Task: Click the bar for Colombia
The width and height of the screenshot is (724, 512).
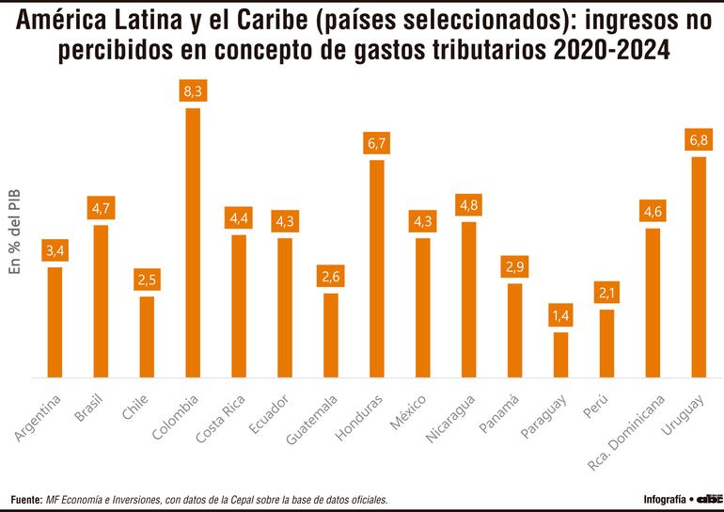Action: tap(193, 243)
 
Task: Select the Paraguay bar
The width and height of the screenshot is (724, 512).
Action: tap(560, 355)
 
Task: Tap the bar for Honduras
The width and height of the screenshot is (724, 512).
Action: tap(377, 269)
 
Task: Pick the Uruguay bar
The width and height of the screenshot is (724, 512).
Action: tap(699, 267)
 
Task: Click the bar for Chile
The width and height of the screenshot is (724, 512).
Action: tap(147, 337)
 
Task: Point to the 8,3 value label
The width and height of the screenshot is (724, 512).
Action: tap(193, 92)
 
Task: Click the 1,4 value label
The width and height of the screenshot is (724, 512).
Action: tap(560, 316)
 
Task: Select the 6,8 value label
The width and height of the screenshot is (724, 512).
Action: tap(699, 140)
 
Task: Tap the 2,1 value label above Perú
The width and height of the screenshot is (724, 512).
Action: tap(606, 294)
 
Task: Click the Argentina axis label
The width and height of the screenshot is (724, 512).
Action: tap(39, 417)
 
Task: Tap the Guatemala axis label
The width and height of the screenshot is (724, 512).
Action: tap(313, 419)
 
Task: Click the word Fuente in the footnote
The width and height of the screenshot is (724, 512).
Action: tap(26, 500)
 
